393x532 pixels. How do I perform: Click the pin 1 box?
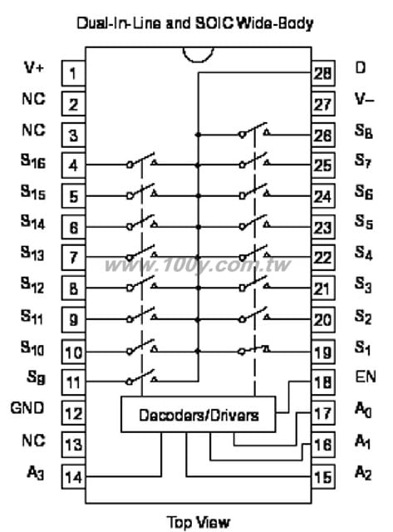73,73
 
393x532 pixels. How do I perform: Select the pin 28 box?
323,73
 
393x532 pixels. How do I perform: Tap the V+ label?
34,67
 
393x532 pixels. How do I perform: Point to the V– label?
365,99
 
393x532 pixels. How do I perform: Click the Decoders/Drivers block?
199,414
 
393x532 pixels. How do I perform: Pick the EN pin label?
366,377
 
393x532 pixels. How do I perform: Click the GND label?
27,408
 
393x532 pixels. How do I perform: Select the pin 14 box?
73,476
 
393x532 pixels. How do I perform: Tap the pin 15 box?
323,476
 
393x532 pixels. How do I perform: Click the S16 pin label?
33,160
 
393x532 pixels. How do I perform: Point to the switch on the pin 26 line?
254,131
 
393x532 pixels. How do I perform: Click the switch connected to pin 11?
142,377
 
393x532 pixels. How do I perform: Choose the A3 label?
36,473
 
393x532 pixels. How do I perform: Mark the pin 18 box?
323,382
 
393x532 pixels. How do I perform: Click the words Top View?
199,522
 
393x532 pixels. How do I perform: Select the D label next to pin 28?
360,67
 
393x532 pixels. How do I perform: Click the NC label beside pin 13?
33,441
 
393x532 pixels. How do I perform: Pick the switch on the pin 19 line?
254,349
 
